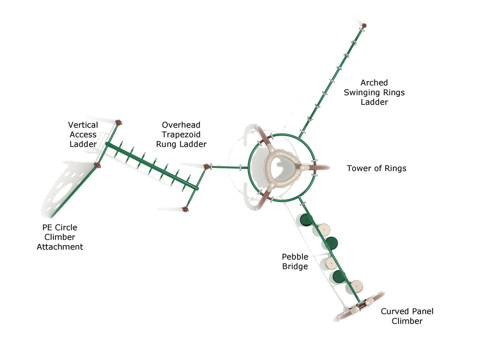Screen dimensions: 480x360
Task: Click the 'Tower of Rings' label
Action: point(376,168)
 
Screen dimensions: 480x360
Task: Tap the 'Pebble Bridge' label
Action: point(295,262)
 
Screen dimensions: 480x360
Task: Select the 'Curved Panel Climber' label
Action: point(407,316)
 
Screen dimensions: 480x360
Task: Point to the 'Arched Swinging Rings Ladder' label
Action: point(374,92)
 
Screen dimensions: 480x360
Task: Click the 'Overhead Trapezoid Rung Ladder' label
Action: point(181,135)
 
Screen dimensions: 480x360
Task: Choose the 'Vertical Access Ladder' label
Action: point(83,135)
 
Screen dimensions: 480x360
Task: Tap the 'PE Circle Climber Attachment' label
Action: point(60,237)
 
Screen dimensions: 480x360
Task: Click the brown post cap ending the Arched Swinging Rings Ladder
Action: point(364,26)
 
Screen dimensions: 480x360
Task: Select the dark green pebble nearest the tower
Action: point(306,220)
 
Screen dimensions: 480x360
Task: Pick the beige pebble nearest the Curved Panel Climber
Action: point(357,286)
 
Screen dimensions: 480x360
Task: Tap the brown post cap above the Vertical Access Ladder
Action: point(119,123)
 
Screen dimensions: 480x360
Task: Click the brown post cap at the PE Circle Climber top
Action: point(97,165)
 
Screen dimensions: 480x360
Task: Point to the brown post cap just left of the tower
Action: point(207,167)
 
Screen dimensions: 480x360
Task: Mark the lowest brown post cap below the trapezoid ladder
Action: point(185,210)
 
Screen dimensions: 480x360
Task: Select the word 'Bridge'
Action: point(295,266)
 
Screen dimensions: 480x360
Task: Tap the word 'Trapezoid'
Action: point(181,135)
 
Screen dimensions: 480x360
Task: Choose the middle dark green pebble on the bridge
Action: point(331,243)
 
